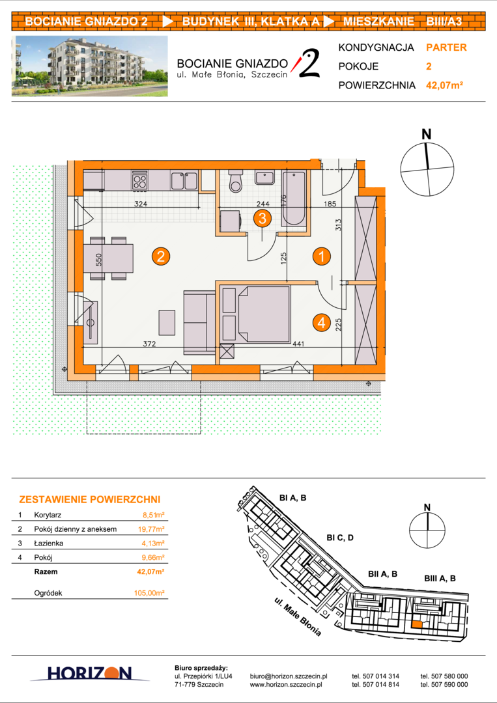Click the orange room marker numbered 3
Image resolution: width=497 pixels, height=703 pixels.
(x=263, y=218)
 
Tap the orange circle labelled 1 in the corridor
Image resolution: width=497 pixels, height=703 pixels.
(x=322, y=256)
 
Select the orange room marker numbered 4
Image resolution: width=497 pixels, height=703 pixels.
(x=322, y=322)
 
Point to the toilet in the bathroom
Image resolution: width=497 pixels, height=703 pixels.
(x=234, y=181)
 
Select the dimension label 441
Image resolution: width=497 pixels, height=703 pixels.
(x=298, y=344)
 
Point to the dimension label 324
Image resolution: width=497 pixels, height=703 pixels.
(x=141, y=204)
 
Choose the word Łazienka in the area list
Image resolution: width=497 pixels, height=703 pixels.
(x=48, y=544)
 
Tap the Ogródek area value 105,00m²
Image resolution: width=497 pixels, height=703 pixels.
(x=149, y=593)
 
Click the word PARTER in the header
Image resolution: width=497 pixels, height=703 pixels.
(x=446, y=48)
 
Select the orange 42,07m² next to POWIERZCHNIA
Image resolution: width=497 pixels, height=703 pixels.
(x=444, y=85)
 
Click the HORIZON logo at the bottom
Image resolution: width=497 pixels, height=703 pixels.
(x=90, y=673)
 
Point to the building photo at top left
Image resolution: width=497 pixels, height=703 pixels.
(x=90, y=66)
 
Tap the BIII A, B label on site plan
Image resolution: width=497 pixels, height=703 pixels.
(x=440, y=579)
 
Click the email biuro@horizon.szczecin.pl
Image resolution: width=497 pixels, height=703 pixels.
(x=289, y=676)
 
